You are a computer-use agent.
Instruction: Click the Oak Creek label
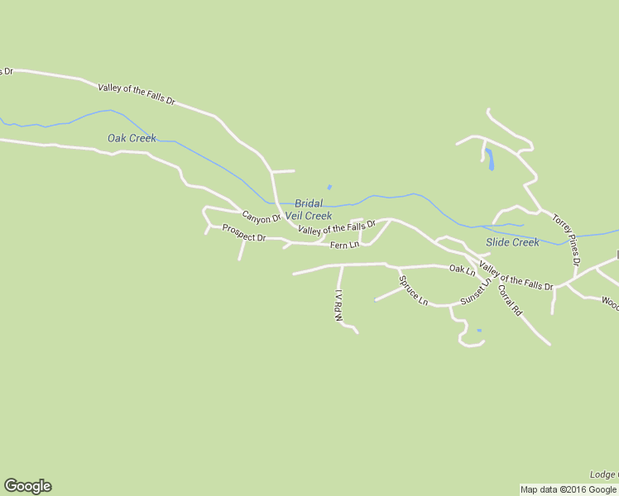point(132,138)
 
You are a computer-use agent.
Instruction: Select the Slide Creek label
point(512,242)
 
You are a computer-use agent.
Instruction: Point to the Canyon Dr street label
point(262,219)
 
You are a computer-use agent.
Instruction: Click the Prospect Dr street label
point(243,237)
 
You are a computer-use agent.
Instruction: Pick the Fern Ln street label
point(344,245)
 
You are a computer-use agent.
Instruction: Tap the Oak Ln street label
point(462,269)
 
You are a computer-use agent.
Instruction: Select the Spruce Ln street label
point(413,290)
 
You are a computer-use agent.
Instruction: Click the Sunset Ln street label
point(475,292)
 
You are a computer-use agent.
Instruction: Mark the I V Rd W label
point(338,306)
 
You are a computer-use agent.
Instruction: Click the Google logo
point(27,486)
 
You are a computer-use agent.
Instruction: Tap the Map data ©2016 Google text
point(569,489)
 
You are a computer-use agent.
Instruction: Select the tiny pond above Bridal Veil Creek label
point(329,187)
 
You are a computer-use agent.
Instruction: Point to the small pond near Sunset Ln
point(479,331)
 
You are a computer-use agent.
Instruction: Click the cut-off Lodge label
point(603,475)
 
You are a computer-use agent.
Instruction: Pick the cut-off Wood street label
point(610,303)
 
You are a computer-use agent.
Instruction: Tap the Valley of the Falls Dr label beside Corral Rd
point(516,275)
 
